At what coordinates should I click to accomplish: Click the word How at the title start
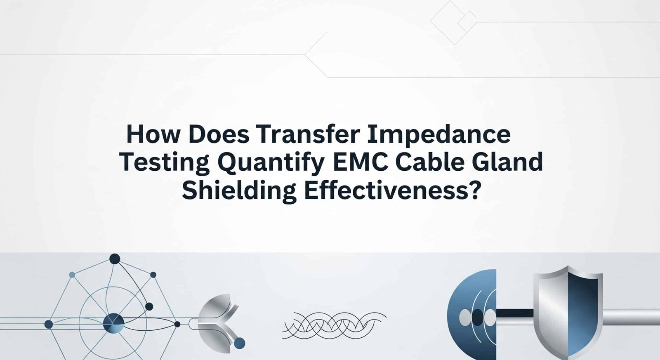coord(153,134)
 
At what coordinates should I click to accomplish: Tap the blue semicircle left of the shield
coord(472,315)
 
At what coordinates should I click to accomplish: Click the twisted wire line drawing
coord(334,325)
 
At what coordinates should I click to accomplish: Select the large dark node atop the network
coord(115,259)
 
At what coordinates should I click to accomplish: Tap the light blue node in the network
coord(72,275)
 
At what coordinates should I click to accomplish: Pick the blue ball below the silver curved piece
coord(240,343)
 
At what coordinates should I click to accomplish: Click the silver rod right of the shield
coord(631,317)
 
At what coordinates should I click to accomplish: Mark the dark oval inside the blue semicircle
coord(478,318)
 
